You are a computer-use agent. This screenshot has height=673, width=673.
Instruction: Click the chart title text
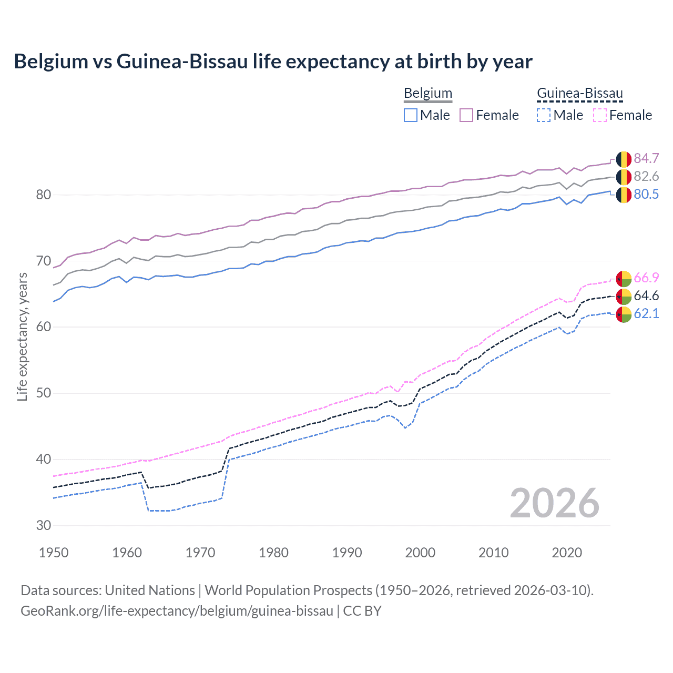click(x=273, y=62)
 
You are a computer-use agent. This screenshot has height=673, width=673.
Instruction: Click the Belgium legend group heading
click(x=427, y=93)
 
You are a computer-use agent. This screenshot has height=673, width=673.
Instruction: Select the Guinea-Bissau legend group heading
click(x=579, y=93)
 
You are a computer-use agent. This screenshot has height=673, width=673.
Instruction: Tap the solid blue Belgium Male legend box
click(x=411, y=115)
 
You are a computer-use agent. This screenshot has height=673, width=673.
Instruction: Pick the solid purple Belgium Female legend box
click(x=466, y=115)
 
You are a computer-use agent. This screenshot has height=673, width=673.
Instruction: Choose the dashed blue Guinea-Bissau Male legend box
click(x=544, y=115)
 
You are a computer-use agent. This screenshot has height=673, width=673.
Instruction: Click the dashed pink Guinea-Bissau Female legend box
click(x=599, y=115)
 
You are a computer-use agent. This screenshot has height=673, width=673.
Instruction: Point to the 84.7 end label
click(x=646, y=158)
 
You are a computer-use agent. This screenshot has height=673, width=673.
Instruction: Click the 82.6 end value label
click(x=646, y=176)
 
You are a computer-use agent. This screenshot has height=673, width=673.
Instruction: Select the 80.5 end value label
click(x=646, y=194)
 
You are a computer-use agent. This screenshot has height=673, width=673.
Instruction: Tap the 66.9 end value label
click(x=646, y=278)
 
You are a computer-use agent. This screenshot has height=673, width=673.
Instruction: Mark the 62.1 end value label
click(x=646, y=313)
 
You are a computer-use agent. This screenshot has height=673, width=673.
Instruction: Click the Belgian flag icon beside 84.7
click(x=624, y=159)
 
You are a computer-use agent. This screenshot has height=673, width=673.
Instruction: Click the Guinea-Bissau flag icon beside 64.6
click(x=624, y=296)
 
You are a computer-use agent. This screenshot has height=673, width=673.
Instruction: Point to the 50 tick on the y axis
click(x=43, y=393)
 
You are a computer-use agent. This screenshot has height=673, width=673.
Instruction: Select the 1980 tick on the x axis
click(x=273, y=553)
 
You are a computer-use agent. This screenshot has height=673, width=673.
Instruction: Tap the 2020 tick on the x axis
click(x=567, y=553)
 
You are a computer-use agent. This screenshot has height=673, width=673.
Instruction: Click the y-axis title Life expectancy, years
click(x=22, y=336)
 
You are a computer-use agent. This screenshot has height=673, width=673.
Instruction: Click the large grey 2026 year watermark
click(x=554, y=503)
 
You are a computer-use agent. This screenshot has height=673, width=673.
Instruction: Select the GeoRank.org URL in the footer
click(x=177, y=611)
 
